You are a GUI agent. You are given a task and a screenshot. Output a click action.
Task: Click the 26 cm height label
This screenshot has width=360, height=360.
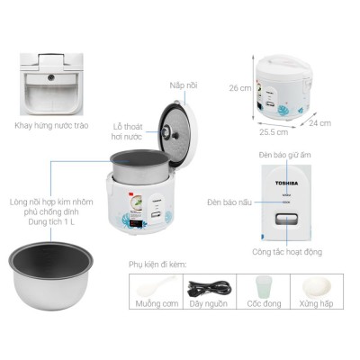(x=240, y=88)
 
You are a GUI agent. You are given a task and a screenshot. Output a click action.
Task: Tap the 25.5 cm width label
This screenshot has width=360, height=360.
(x=274, y=132)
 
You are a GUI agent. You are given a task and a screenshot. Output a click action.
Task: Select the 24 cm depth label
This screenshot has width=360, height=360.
(x=320, y=123)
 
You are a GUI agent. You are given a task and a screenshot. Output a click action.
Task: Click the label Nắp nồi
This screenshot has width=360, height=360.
(x=184, y=85)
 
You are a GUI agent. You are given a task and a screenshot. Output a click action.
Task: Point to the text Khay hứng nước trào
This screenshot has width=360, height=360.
(x=51, y=125)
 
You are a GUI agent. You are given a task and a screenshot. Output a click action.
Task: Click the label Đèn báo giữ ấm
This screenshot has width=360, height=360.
(x=285, y=155)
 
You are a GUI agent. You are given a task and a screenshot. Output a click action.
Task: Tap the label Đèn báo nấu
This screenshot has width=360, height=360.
(x=229, y=202)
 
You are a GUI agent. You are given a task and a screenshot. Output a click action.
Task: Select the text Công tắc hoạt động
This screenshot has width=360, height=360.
(x=287, y=252)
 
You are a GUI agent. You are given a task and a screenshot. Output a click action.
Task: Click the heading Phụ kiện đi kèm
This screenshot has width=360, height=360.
(x=157, y=265)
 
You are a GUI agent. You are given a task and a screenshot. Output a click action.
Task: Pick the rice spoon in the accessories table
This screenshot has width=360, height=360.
(x=156, y=286)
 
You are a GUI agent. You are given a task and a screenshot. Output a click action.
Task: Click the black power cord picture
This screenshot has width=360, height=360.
(x=210, y=288)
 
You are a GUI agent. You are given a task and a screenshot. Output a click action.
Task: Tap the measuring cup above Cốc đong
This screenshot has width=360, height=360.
(x=264, y=287)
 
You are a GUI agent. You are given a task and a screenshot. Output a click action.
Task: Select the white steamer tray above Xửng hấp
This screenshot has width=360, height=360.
(x=317, y=287)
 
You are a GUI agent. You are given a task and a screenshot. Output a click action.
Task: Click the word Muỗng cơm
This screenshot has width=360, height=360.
(x=157, y=303)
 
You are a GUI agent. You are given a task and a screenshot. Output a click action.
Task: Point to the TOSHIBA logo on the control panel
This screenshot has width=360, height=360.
(x=287, y=183)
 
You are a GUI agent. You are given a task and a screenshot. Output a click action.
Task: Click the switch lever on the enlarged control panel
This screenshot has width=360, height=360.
(x=287, y=220)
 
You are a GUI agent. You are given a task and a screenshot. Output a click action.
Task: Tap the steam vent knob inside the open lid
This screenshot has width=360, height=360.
(x=166, y=132)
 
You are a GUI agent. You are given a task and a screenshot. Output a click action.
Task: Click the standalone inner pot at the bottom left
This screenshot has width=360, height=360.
(x=50, y=275)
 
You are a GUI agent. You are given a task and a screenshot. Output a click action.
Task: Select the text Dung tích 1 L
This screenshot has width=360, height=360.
(x=51, y=222)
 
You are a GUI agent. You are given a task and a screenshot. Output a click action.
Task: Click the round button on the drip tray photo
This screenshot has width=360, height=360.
(x=51, y=78)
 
